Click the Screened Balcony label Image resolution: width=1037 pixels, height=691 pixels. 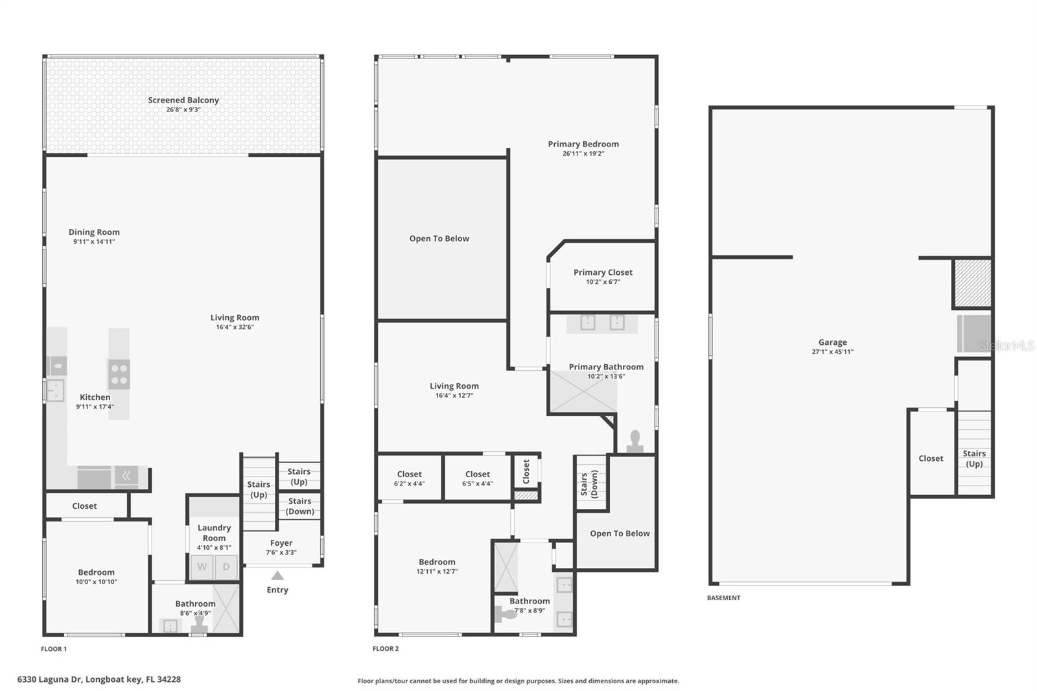[183, 100]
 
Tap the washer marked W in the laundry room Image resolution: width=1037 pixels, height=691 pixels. [202, 567]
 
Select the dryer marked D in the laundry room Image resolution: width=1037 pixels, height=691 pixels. [226, 567]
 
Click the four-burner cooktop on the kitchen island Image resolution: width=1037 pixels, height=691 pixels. [119, 374]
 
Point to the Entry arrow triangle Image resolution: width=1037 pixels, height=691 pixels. [277, 576]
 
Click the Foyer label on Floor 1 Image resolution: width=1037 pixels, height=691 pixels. [281, 543]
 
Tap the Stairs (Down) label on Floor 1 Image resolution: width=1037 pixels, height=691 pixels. [300, 506]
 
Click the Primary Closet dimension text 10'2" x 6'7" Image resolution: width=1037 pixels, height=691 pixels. [603, 282]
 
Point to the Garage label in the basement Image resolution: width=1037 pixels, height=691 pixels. [832, 342]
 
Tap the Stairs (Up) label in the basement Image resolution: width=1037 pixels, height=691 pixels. [974, 458]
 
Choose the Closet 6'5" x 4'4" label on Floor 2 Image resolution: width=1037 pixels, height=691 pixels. [478, 474]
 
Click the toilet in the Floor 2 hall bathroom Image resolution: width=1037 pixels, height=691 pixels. [505, 613]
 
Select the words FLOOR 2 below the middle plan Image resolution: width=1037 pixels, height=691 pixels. [386, 648]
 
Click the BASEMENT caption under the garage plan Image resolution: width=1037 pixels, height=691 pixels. [723, 598]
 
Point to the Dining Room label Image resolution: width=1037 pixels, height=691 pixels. [94, 232]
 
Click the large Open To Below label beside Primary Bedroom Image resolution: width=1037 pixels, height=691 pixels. [439, 239]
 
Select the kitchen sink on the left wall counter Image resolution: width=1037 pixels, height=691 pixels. [55, 391]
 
